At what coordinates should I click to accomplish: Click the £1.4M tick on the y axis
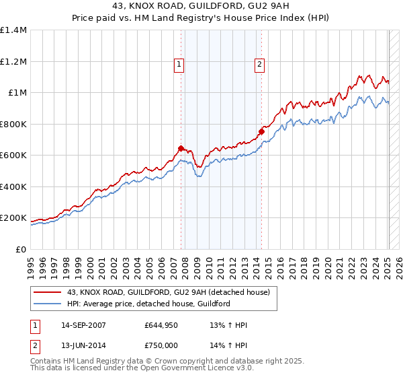pos(13,30)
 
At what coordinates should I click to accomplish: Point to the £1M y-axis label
pos(17,93)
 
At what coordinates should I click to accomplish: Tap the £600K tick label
pos(13,156)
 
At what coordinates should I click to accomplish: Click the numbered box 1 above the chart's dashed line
pos(180,65)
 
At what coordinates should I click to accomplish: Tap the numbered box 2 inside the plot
pos(259,65)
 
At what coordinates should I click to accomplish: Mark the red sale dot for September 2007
pos(181,148)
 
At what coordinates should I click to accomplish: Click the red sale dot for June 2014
pos(261,132)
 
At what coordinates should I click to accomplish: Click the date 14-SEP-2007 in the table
pos(83,325)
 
